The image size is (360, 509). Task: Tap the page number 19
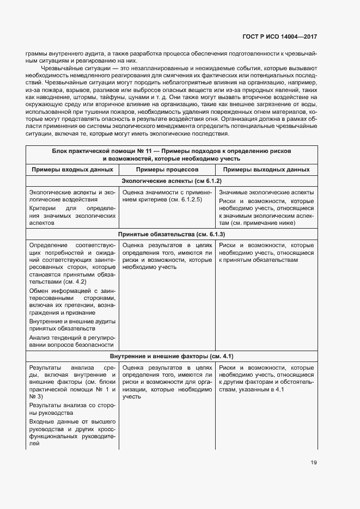[x=314, y=463]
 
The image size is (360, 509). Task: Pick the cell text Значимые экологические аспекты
[x=266, y=192]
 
